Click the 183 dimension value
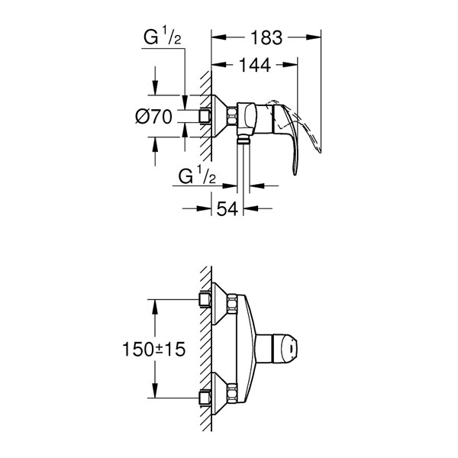click(x=266, y=37)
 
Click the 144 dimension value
click(x=255, y=66)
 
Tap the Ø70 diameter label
click(x=153, y=117)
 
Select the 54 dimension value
click(x=227, y=208)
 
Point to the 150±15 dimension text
click(x=153, y=349)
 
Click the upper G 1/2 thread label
click(x=163, y=36)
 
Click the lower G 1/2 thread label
click(x=197, y=175)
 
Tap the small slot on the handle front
click(x=292, y=349)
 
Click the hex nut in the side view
click(x=231, y=116)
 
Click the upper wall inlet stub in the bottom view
click(x=205, y=299)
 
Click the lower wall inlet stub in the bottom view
click(x=205, y=398)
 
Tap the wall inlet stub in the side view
click(x=205, y=116)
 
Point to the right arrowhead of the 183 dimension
click(x=314, y=37)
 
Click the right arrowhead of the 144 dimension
click(x=290, y=65)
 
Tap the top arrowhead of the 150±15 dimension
click(x=155, y=307)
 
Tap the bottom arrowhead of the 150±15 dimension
click(x=155, y=391)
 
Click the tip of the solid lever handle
click(x=295, y=175)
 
